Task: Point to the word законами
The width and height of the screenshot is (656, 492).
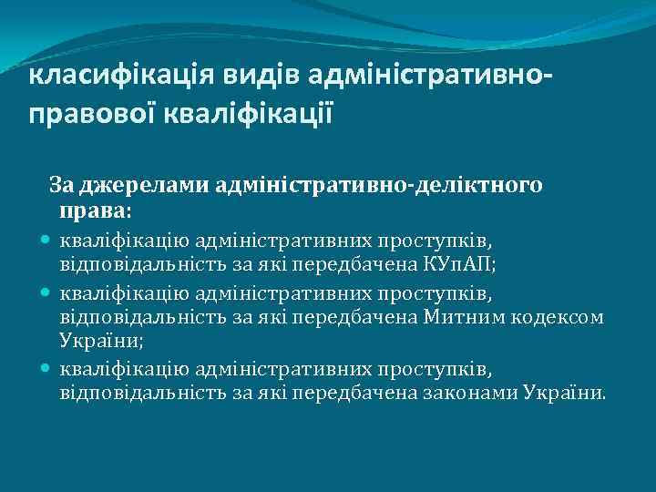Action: (x=470, y=392)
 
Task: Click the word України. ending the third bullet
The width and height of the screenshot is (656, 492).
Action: (x=564, y=392)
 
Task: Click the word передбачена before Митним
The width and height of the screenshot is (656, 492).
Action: (x=364, y=316)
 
